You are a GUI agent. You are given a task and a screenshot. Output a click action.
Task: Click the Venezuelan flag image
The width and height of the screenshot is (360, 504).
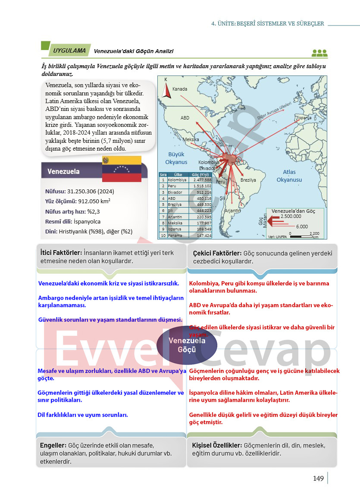pos(122,169)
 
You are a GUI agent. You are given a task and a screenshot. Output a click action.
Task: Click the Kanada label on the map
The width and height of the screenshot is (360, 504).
pos(180,89)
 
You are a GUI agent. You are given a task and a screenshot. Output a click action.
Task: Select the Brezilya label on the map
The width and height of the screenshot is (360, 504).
pos(248,180)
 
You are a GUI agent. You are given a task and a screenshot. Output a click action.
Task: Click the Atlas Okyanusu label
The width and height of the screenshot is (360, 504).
pos(289,176)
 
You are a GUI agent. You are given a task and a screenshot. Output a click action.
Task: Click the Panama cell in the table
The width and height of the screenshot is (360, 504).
pos(175,236)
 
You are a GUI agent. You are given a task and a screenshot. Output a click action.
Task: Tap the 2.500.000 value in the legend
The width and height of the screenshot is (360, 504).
pos(291,216)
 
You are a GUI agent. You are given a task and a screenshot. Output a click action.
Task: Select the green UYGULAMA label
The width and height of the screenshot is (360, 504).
pos(69,50)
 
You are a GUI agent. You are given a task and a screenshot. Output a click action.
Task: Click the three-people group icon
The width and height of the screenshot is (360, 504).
pos(319,53)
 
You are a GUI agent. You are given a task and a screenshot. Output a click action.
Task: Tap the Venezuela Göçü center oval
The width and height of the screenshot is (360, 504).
pos(187,345)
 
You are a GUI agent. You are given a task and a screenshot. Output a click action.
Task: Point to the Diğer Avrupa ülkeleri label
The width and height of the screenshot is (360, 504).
pos(275,111)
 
